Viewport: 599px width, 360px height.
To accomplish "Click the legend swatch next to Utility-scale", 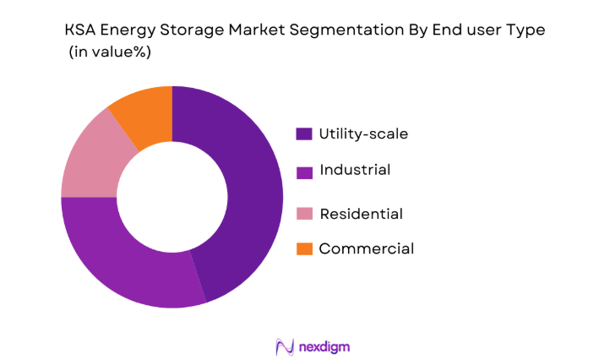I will pos(304,134).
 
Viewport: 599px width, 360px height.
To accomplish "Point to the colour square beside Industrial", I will pos(304,172).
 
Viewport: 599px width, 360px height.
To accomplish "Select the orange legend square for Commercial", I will pos(304,248).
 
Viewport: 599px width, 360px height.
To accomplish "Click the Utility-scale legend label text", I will pos(363,134).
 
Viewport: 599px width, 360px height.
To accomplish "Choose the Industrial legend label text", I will pos(355,171).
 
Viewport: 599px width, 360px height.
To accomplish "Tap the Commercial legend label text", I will pos(366,248).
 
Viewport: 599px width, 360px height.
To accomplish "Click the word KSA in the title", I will pos(83,30).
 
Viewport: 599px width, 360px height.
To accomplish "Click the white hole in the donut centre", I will pos(172,197).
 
